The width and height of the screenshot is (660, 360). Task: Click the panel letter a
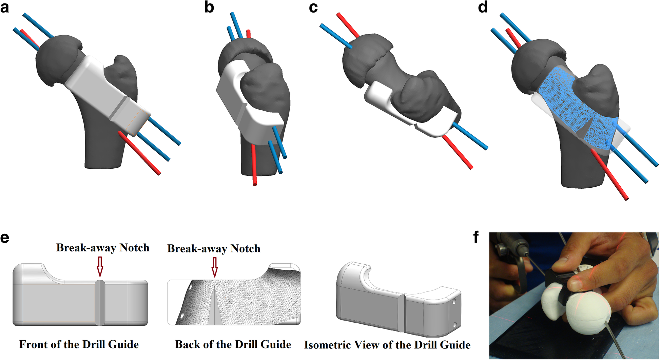click(x=5, y=7)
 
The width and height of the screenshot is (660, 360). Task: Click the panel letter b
click(x=209, y=7)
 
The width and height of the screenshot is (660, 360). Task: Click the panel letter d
click(x=483, y=7)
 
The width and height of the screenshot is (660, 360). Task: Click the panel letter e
click(x=5, y=238)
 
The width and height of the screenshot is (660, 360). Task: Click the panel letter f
click(x=476, y=237)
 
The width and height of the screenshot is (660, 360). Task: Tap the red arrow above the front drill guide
click(x=100, y=266)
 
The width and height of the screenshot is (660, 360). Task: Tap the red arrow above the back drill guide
click(x=214, y=267)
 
